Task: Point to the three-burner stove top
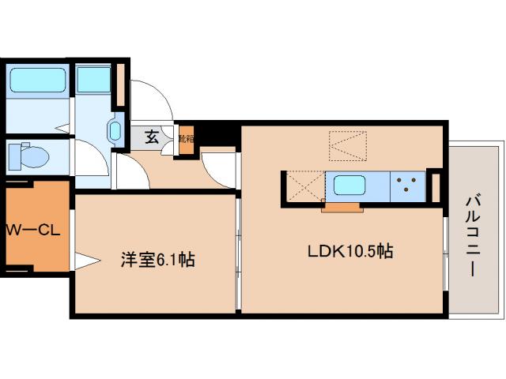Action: point(408,186)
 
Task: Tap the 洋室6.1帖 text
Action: point(157,258)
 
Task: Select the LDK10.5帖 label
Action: point(350,253)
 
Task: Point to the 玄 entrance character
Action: point(152,137)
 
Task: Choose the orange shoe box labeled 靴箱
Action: point(185,140)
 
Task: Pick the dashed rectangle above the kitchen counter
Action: point(349,147)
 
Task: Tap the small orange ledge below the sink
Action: point(342,208)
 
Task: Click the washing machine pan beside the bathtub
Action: point(94,80)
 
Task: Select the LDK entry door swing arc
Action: point(217,167)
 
